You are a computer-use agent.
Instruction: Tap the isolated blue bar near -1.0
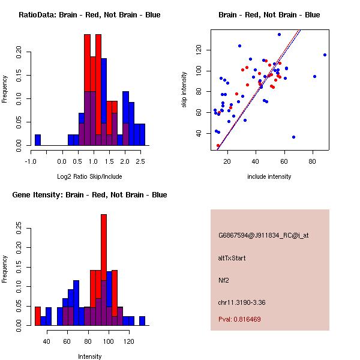click(38, 140)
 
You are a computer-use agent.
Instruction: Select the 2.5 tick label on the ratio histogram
click(140, 161)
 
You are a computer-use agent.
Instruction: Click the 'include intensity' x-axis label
click(269, 176)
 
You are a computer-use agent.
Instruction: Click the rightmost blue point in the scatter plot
click(325, 55)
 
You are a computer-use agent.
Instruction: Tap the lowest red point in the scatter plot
click(218, 146)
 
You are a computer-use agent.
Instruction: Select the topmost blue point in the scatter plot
click(279, 34)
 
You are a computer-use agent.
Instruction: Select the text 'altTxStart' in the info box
click(232, 258)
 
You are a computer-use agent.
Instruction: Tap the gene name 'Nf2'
click(223, 280)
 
